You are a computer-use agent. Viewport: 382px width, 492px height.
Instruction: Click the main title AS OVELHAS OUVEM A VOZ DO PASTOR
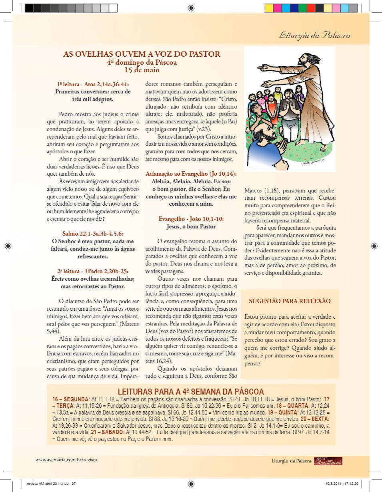(x=142, y=54)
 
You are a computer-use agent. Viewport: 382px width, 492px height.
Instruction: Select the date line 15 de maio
(x=142, y=70)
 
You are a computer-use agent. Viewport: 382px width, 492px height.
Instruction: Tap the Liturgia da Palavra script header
(x=315, y=35)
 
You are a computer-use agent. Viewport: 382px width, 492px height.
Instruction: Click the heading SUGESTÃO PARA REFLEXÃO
(x=290, y=301)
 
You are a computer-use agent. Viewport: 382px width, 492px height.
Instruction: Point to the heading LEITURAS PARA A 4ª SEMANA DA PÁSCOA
(x=191, y=392)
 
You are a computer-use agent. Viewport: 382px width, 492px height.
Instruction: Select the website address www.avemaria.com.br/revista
(x=66, y=460)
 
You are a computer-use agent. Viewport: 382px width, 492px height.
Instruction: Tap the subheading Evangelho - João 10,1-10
(x=191, y=219)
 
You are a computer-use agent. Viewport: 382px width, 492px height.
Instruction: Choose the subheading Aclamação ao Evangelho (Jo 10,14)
(x=191, y=174)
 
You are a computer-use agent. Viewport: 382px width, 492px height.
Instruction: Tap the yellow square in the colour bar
(x=269, y=8)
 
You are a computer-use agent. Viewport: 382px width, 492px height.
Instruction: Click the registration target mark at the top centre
(x=191, y=8)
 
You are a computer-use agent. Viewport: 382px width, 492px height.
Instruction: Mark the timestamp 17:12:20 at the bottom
(x=351, y=484)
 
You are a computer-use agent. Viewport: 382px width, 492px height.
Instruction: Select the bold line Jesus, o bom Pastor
(x=191, y=226)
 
